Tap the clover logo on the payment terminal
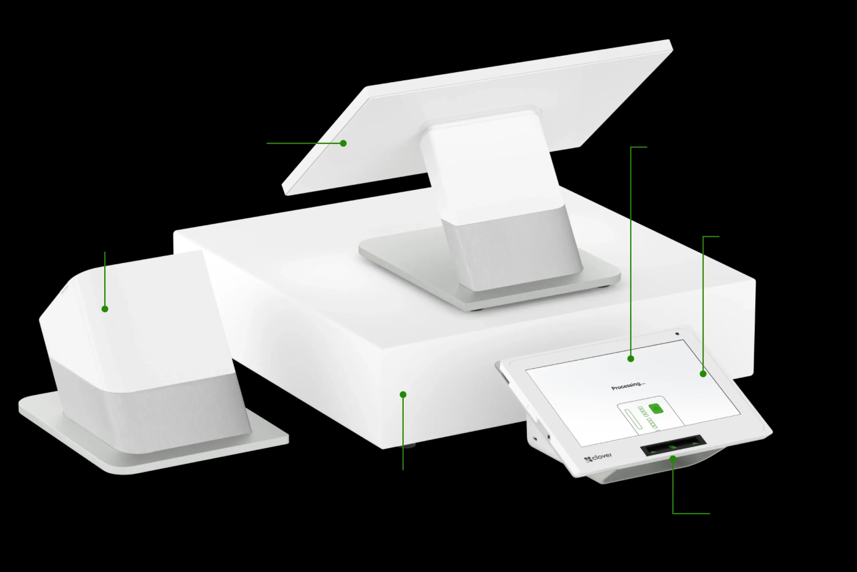598,457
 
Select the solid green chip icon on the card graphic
656,409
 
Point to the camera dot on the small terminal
677,333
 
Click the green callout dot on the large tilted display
343,143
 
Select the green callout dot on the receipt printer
105,309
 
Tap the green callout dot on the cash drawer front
403,394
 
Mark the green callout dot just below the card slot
673,458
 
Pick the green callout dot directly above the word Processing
631,359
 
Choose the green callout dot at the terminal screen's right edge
703,374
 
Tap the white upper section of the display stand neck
492,168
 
